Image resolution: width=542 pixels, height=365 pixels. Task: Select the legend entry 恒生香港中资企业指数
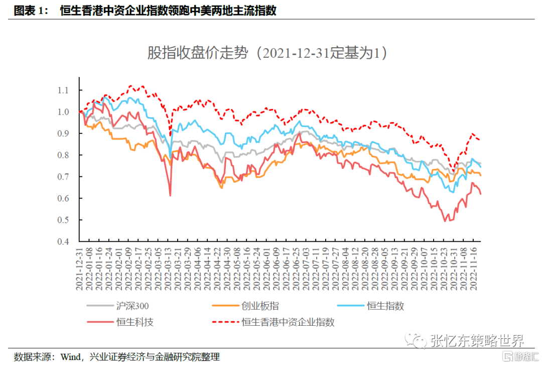[x=288, y=322]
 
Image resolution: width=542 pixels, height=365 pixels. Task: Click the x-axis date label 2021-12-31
[x=79, y=269]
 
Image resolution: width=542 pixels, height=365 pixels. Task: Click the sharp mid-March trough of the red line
[x=171, y=195]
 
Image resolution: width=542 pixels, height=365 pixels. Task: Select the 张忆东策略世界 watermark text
[x=477, y=341]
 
